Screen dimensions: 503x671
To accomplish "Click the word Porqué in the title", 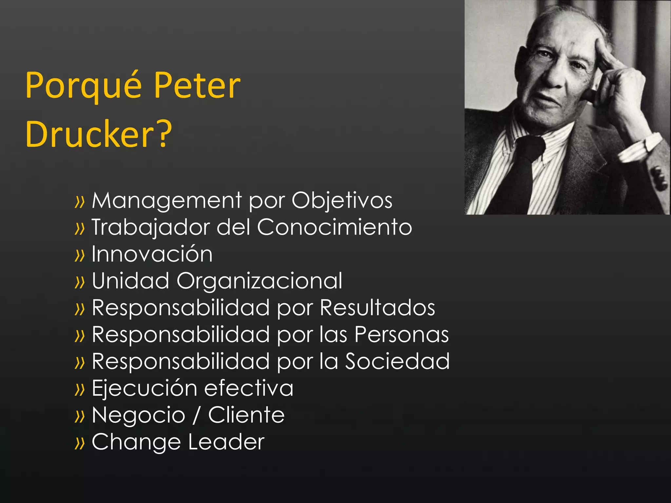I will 84,86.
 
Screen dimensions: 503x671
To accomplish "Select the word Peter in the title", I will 197,86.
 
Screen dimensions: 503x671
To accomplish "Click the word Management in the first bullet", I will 167,200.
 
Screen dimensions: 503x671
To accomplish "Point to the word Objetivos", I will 342,200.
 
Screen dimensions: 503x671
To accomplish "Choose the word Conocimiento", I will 334,227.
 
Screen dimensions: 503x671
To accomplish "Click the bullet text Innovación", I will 152,254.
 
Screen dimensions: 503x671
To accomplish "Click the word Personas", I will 402,335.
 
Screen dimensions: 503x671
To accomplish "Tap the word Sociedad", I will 397,362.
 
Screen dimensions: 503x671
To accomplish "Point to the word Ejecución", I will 144,388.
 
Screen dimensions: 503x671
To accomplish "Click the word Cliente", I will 246,415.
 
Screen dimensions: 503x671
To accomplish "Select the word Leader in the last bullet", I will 226,442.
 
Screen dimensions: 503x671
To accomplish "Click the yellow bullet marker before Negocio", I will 80,416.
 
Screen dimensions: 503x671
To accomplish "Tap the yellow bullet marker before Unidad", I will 80,282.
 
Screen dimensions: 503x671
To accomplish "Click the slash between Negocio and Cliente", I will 196,415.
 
